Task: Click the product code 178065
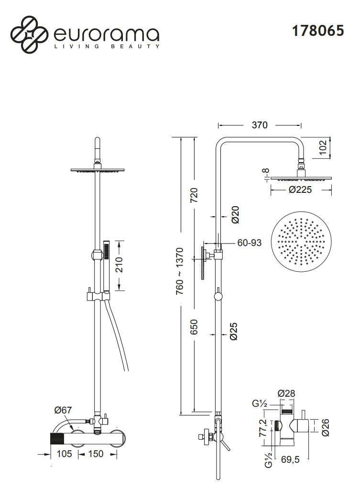tap(318, 31)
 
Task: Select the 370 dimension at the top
tap(259, 125)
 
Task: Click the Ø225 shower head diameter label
tap(300, 189)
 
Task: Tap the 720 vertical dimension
tap(194, 196)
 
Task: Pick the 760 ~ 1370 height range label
tap(180, 271)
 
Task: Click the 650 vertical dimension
tap(194, 328)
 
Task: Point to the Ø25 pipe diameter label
tap(234, 331)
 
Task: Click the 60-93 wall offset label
tap(249, 243)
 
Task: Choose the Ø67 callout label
tap(63, 410)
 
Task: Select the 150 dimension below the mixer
tap(96, 453)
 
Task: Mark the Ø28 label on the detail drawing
tap(286, 393)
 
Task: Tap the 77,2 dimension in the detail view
tap(262, 428)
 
